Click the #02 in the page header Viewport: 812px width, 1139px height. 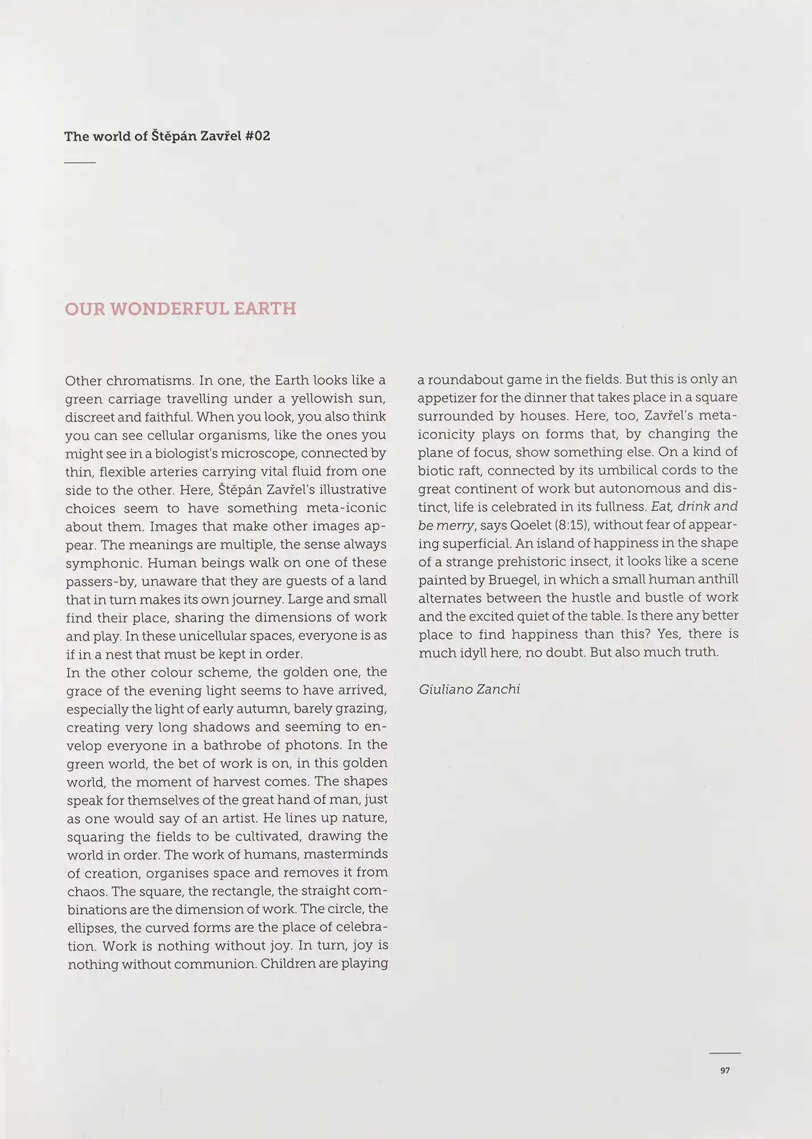point(257,136)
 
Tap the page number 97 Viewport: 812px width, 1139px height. point(725,1071)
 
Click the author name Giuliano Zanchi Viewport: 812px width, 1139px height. point(469,689)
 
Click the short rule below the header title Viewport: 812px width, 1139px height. point(80,163)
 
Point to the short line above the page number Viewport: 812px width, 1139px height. point(725,1053)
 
